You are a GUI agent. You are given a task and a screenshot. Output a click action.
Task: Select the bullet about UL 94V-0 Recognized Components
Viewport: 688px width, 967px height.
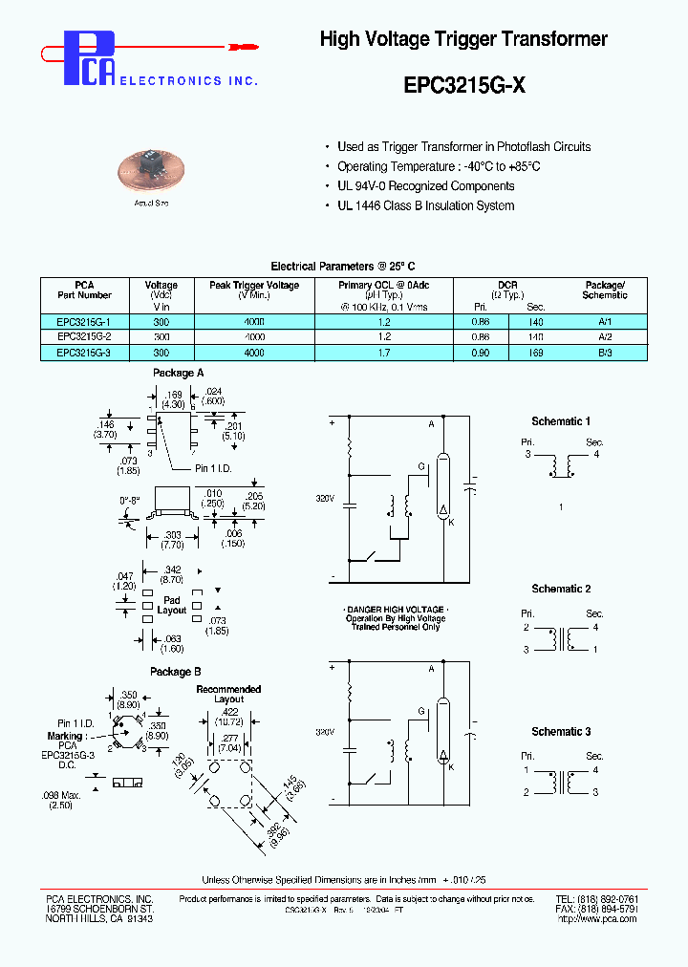pyautogui.click(x=426, y=186)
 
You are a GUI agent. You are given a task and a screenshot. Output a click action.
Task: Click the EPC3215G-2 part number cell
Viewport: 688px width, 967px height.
pyautogui.click(x=84, y=337)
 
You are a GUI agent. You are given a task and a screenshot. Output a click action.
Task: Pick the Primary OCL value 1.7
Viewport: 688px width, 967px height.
pyautogui.click(x=384, y=353)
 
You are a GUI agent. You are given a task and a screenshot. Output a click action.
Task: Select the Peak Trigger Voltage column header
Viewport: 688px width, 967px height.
pyautogui.click(x=253, y=285)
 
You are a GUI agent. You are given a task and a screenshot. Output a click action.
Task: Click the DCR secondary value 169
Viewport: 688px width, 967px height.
pyautogui.click(x=535, y=353)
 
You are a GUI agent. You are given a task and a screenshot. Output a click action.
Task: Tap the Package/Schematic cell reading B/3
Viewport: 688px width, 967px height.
pyautogui.click(x=605, y=353)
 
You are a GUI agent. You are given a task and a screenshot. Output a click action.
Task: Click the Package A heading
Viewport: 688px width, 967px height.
pyautogui.click(x=177, y=373)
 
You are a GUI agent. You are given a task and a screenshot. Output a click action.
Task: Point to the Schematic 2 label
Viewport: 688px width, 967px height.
pyautogui.click(x=561, y=589)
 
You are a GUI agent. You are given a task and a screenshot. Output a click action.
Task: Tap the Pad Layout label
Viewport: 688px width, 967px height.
pyautogui.click(x=172, y=605)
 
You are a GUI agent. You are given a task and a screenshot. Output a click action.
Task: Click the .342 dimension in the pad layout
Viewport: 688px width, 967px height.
pyautogui.click(x=172, y=569)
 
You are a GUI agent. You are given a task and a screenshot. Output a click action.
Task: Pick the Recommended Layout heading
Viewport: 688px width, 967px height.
pyautogui.click(x=228, y=694)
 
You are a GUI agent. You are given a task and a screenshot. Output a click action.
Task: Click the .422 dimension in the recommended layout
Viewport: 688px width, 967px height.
pyautogui.click(x=228, y=711)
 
